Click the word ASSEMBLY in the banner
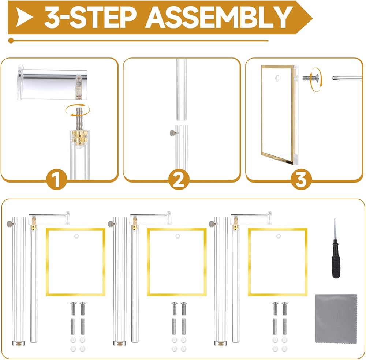tap(219, 17)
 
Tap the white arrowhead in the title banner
tap(24, 17)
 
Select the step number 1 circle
tap(57, 179)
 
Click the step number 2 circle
tap(179, 179)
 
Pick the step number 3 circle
tap(301, 179)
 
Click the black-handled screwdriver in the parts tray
tap(335, 248)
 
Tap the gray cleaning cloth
tap(336, 318)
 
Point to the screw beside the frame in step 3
tap(310, 78)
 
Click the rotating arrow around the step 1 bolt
tap(78, 110)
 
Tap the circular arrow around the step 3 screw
tap(316, 79)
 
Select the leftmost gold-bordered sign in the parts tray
tap(76, 262)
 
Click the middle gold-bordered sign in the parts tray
tap(177, 262)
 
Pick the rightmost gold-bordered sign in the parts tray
tap(277, 262)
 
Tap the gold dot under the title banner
tap(11, 41)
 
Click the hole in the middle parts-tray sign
tap(178, 236)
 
